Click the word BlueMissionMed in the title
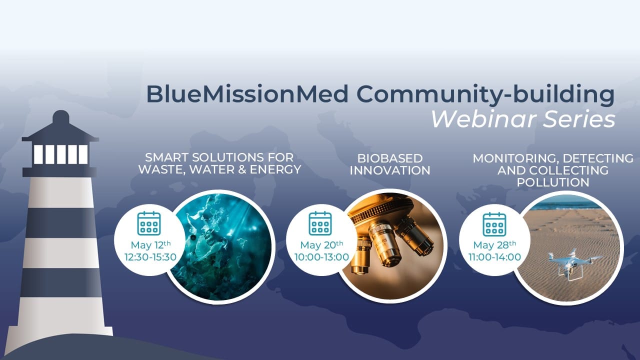pos(247,94)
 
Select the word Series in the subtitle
pos(579,119)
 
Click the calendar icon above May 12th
pos(149,223)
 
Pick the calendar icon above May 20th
pos(320,223)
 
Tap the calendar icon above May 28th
pos(494,224)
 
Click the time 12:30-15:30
pos(150,257)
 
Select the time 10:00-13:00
pos(321,257)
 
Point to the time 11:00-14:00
pos(495,257)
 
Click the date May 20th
pos(321,245)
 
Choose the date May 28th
pos(494,245)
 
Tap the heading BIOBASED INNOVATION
pos(389,164)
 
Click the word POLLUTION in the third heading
pos(553,182)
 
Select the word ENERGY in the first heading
pos(275,169)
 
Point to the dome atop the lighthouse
pos(61,116)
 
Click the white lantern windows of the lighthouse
pos(61,154)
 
